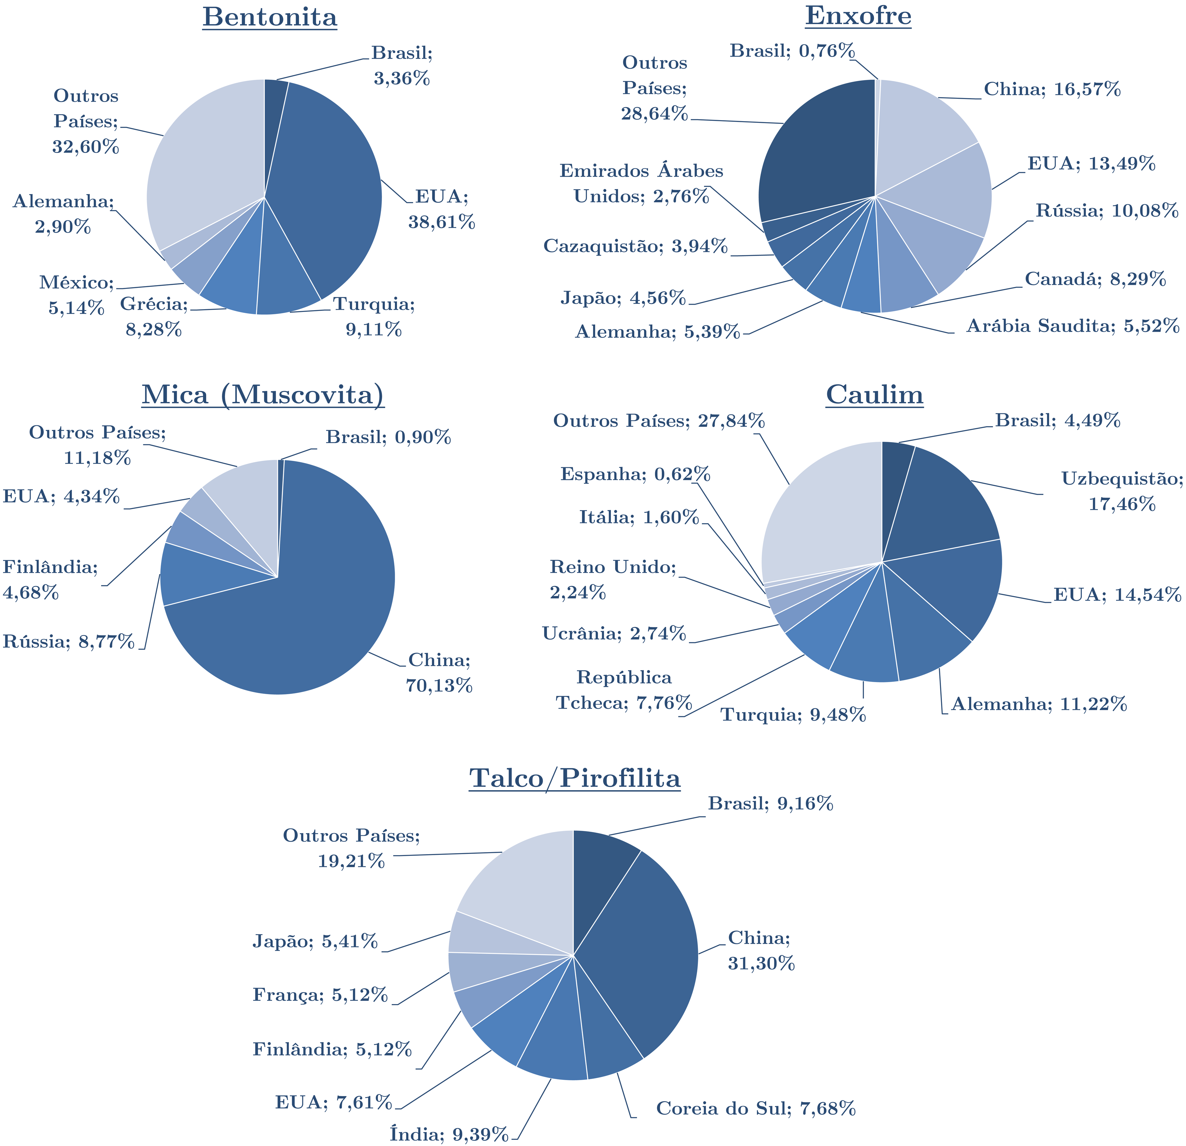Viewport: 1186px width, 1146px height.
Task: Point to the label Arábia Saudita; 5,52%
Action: point(1072,326)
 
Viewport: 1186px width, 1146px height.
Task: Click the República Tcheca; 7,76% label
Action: point(623,690)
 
